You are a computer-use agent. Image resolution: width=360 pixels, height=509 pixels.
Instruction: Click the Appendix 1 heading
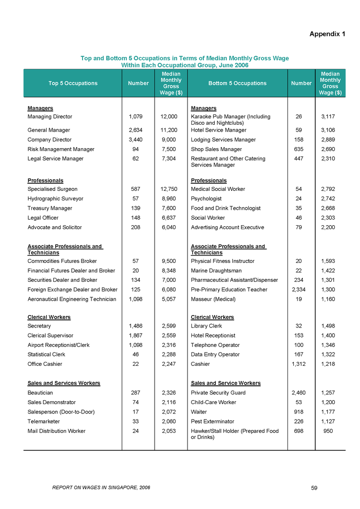pyautogui.click(x=327, y=34)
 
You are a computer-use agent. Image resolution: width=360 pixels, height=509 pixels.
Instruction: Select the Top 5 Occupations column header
pyautogui.click(x=73, y=84)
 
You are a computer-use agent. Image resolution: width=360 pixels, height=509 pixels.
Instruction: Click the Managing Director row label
pyautogui.click(x=50, y=117)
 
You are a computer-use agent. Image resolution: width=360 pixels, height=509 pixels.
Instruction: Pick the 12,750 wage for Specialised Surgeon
pyautogui.click(x=169, y=189)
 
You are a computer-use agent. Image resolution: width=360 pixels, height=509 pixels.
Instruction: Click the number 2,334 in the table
pyautogui.click(x=301, y=290)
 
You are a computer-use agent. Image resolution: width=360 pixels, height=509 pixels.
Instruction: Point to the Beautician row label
pyautogui.click(x=40, y=393)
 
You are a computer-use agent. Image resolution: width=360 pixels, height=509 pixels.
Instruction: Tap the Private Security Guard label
pyautogui.click(x=218, y=393)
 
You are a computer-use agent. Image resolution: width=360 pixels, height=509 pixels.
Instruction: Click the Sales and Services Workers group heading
pyautogui.click(x=64, y=383)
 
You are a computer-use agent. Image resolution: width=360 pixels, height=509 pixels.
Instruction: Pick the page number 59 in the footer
pyautogui.click(x=314, y=488)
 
